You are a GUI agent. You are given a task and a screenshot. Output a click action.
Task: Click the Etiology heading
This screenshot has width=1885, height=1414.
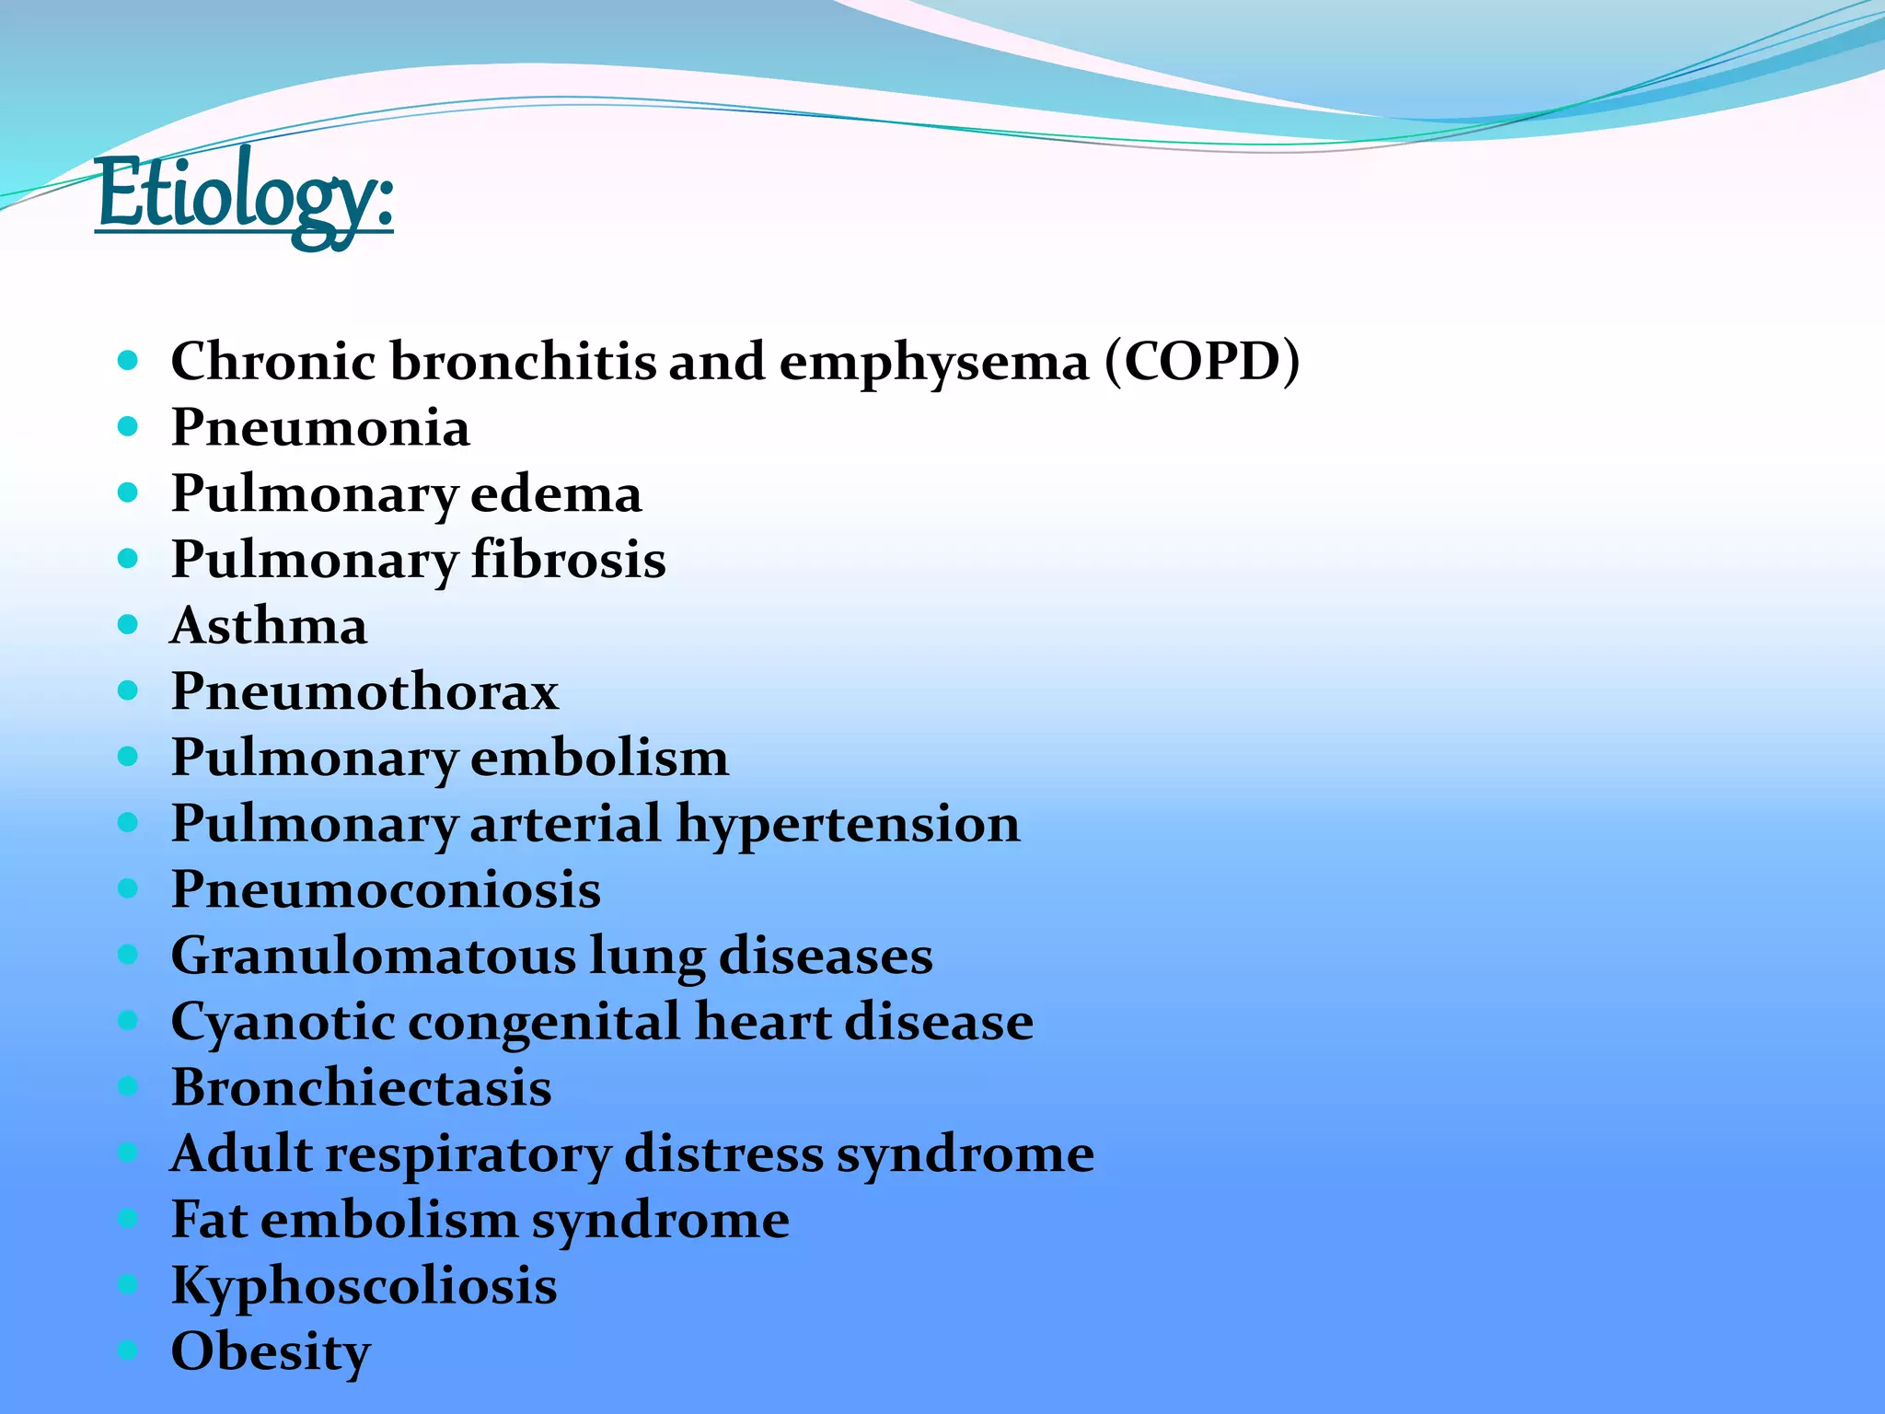pyautogui.click(x=245, y=195)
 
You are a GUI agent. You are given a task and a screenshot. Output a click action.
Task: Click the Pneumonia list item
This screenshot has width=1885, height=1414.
pyautogui.click(x=320, y=428)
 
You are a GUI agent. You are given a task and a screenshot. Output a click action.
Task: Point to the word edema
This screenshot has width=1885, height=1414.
pyautogui.click(x=556, y=494)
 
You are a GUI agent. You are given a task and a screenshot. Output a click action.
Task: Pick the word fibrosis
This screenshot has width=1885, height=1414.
pyautogui.click(x=568, y=560)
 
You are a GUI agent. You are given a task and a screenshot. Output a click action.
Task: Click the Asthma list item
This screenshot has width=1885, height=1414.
pyautogui.click(x=269, y=626)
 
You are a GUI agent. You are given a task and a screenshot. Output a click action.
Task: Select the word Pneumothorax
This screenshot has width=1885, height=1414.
pyautogui.click(x=364, y=691)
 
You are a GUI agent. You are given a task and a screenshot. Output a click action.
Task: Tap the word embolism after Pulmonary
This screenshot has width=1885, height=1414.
pyautogui.click(x=599, y=758)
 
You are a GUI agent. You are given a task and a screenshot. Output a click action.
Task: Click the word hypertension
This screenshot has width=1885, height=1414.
pyautogui.click(x=848, y=824)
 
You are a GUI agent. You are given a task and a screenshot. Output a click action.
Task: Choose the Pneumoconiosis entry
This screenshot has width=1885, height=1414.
pyautogui.click(x=386, y=889)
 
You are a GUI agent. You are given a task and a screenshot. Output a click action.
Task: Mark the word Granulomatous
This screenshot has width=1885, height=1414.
pyautogui.click(x=372, y=956)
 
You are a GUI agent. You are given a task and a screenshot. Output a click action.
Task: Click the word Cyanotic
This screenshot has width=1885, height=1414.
pyautogui.click(x=283, y=1022)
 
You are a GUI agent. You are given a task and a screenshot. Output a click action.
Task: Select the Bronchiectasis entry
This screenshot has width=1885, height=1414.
pyautogui.click(x=361, y=1087)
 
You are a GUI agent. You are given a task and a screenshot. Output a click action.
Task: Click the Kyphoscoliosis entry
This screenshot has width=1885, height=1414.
pyautogui.click(x=364, y=1286)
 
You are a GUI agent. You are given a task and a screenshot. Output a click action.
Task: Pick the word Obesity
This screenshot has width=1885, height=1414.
pyautogui.click(x=271, y=1351)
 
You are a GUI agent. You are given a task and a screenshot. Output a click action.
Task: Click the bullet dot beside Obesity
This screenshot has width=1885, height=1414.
pyautogui.click(x=128, y=1350)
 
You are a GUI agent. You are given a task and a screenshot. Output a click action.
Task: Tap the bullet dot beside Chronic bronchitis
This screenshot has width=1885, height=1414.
pyautogui.click(x=128, y=360)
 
